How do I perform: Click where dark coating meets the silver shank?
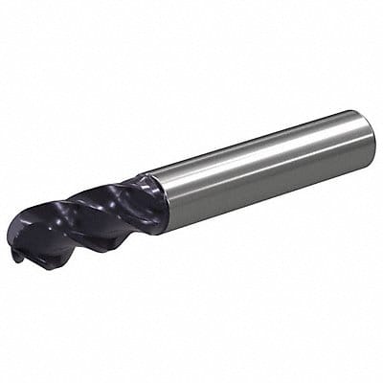(x=159, y=201)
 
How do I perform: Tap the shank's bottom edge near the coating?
(x=177, y=228)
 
